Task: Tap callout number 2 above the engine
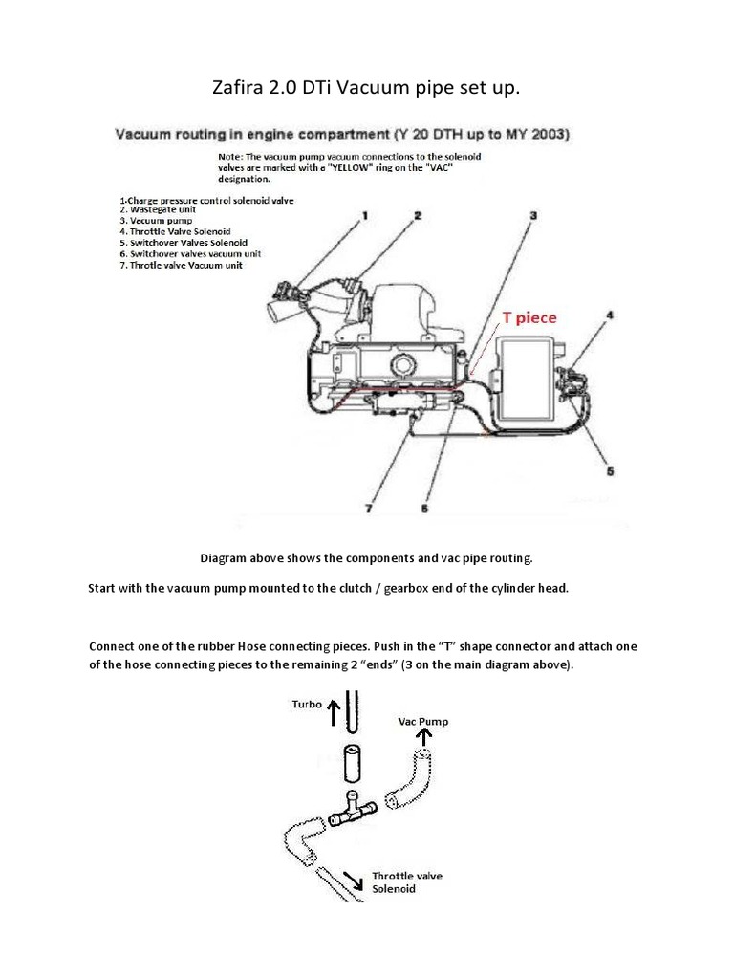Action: (418, 217)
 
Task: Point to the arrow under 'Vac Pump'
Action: (421, 737)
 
